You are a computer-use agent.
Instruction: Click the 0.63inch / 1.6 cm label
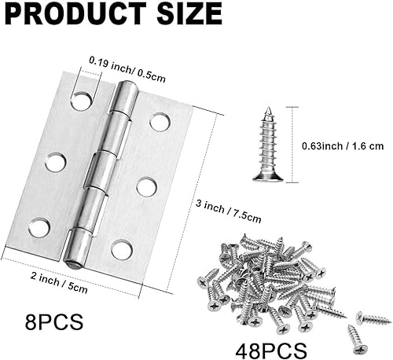343,145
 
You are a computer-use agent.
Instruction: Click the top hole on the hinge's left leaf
81,101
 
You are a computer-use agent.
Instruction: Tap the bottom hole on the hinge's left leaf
37,228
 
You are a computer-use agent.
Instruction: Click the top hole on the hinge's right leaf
160,122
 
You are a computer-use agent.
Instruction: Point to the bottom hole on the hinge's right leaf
121,250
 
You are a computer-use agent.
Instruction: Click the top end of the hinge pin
124,93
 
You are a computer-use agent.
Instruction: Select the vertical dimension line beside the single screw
294,145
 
